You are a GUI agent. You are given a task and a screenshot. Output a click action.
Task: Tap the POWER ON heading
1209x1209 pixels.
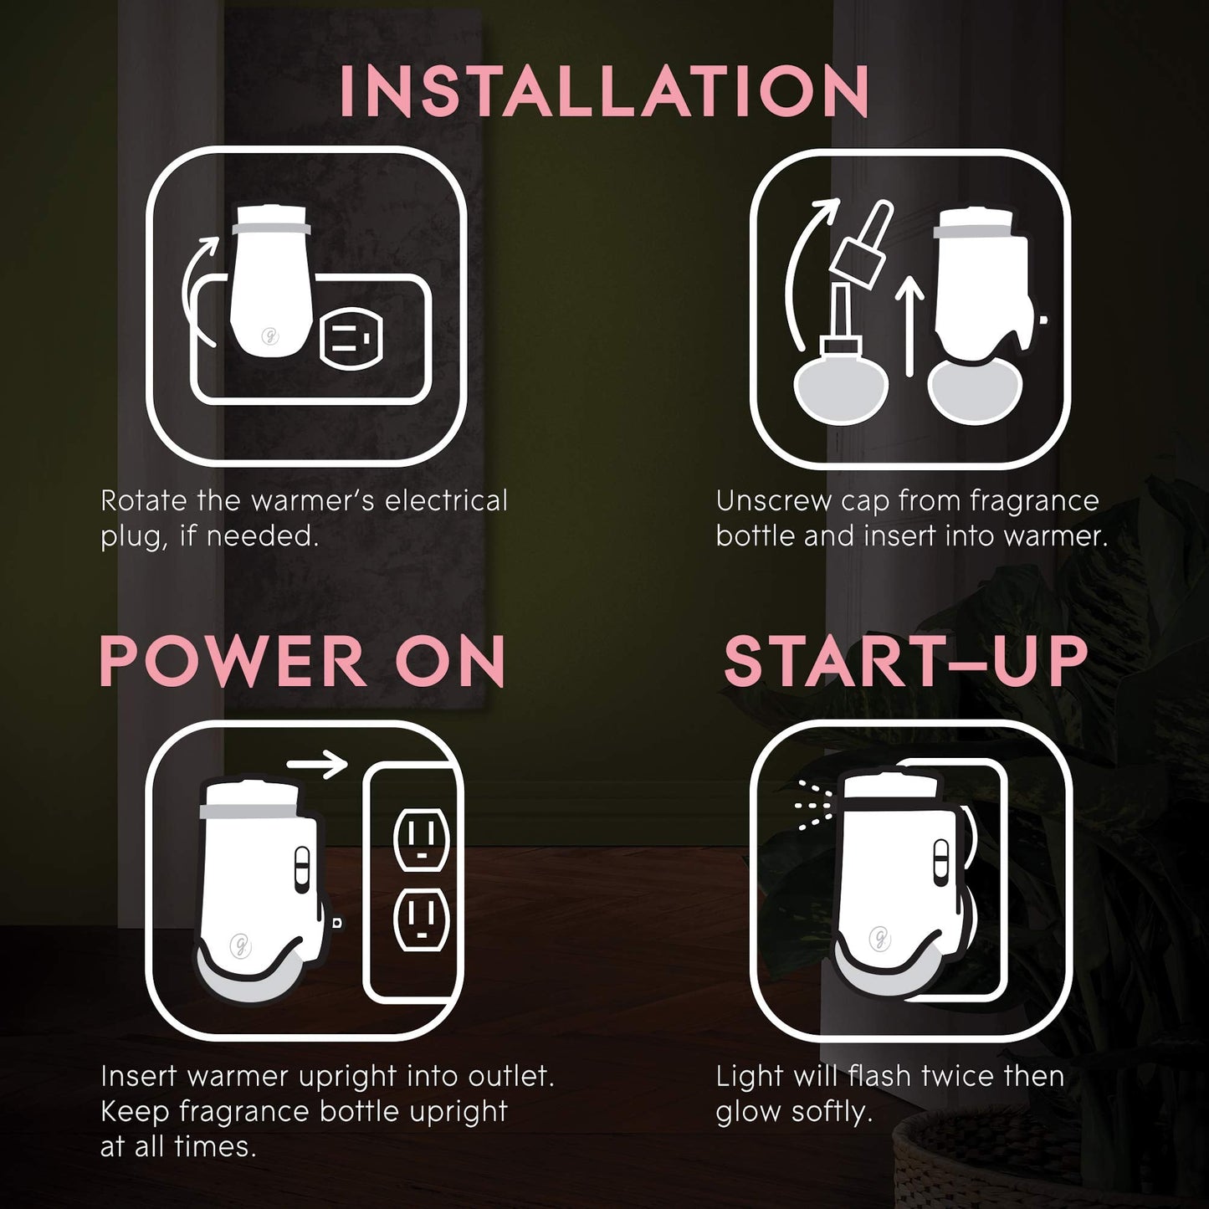pyautogui.click(x=302, y=661)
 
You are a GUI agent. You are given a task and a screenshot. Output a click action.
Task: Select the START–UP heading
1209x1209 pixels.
pyautogui.click(x=905, y=661)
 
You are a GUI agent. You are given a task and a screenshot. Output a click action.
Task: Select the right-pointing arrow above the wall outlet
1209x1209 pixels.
pyautogui.click(x=317, y=765)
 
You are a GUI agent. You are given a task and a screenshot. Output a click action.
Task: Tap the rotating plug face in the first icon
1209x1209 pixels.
pyautogui.click(x=350, y=340)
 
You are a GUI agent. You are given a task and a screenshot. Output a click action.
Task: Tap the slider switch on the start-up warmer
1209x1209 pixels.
pyautogui.click(x=941, y=861)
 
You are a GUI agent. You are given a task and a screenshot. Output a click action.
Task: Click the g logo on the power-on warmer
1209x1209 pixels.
pyautogui.click(x=239, y=945)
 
